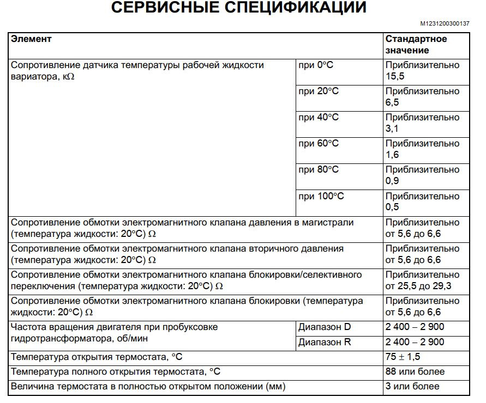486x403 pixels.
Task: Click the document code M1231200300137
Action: click(x=445, y=24)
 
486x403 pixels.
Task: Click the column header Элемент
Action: click(x=31, y=39)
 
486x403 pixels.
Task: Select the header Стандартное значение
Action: click(x=416, y=45)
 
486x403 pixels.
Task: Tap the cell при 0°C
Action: click(x=316, y=65)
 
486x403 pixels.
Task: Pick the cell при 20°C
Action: click(x=319, y=91)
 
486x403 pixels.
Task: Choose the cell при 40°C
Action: click(x=319, y=118)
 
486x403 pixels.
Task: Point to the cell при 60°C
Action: click(x=319, y=144)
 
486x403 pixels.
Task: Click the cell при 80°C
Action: click(x=319, y=170)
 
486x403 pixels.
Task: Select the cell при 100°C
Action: click(x=321, y=196)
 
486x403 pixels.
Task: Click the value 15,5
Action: click(x=395, y=76)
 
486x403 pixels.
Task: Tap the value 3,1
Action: click(x=392, y=129)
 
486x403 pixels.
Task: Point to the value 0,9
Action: click(x=392, y=181)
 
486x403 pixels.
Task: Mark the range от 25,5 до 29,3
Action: click(x=418, y=286)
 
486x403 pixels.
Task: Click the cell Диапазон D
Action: click(x=325, y=327)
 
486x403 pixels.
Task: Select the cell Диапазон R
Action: click(x=325, y=343)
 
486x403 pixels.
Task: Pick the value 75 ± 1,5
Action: click(x=403, y=357)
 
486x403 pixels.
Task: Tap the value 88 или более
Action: click(x=415, y=372)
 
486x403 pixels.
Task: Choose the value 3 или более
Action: click(x=412, y=387)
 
